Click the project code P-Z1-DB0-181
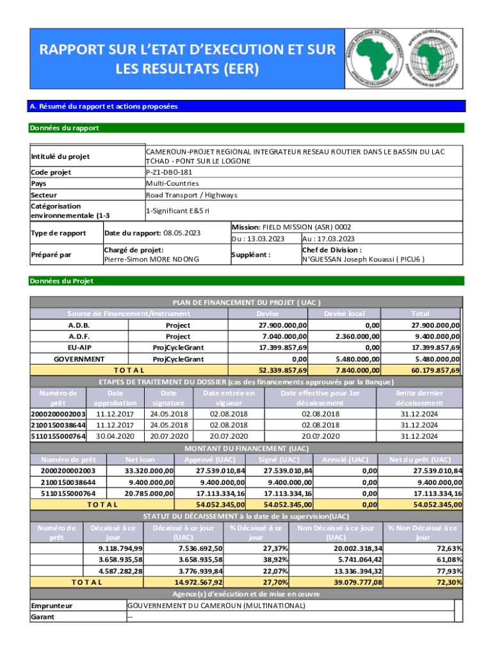pyautogui.click(x=169, y=172)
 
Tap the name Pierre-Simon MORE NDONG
pyautogui.click(x=151, y=259)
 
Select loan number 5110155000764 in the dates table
pyautogui.click(x=58, y=436)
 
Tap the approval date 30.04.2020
pyautogui.click(x=115, y=436)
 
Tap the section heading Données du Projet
pyautogui.click(x=61, y=281)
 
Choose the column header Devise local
pyautogui.click(x=344, y=313)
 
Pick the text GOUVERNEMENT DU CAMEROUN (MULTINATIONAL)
pyautogui.click(x=216, y=605)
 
